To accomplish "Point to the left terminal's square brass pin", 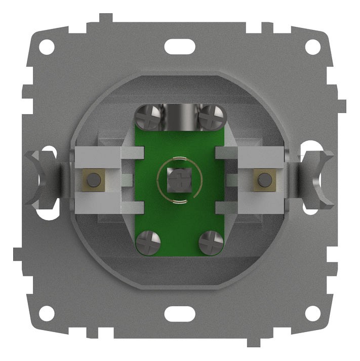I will [x=93, y=179].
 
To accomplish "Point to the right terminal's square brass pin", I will [x=263, y=179].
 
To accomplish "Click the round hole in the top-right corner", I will [x=314, y=46].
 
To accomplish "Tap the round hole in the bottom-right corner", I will [x=314, y=313].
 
